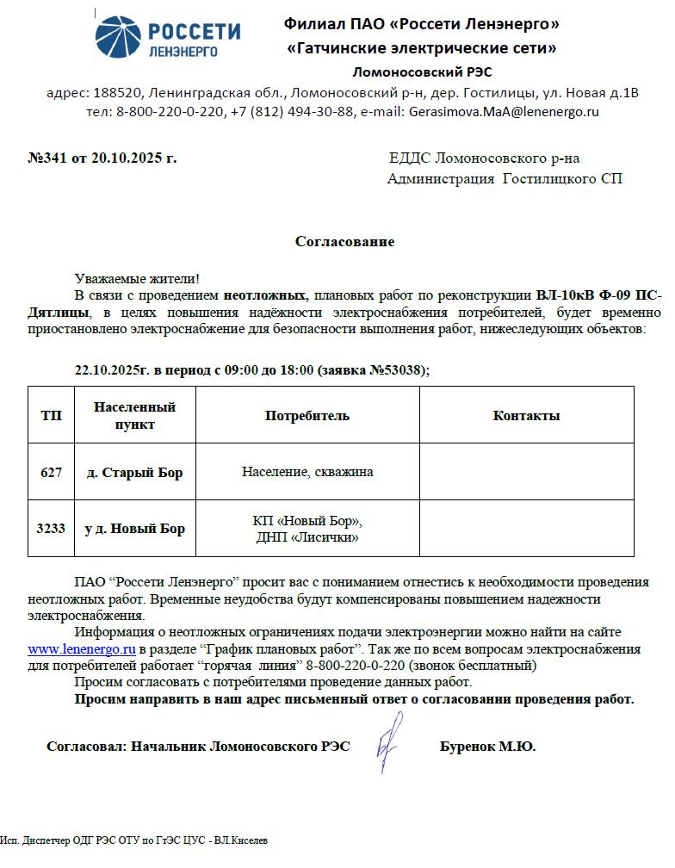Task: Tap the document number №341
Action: (47, 158)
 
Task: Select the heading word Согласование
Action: (344, 242)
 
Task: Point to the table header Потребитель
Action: (307, 416)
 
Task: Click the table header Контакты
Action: (526, 416)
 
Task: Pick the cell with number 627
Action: (51, 473)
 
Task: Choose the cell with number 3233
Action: (51, 529)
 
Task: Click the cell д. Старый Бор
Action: (135, 473)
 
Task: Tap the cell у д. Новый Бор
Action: (134, 529)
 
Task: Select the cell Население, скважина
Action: (307, 472)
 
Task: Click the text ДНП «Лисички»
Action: (307, 537)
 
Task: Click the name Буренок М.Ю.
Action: (487, 747)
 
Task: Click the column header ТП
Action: (51, 416)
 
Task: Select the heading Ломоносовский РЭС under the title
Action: (422, 71)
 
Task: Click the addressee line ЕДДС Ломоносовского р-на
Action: (485, 158)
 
